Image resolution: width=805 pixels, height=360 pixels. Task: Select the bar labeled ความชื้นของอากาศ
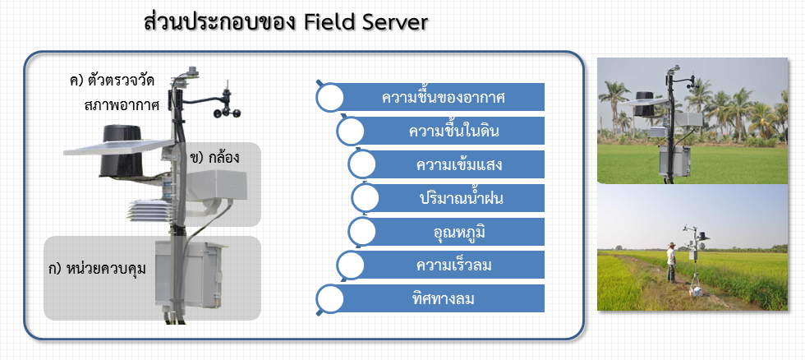tap(430, 97)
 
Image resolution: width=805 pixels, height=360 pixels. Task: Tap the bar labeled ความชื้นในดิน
tap(442, 131)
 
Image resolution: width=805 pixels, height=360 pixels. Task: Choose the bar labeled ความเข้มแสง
tap(446, 165)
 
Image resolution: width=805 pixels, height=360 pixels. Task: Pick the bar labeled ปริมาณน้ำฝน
tap(448, 198)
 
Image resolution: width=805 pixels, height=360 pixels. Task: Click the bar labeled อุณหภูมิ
tap(446, 232)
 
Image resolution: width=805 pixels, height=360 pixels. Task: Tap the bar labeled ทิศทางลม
tap(430, 298)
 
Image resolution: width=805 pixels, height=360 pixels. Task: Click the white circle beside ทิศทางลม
tap(329, 299)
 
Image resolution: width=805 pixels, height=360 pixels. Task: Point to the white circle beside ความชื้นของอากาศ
tap(329, 97)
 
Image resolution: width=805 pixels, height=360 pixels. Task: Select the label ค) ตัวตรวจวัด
tap(113, 81)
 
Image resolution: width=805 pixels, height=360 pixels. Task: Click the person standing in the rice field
tap(671, 262)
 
